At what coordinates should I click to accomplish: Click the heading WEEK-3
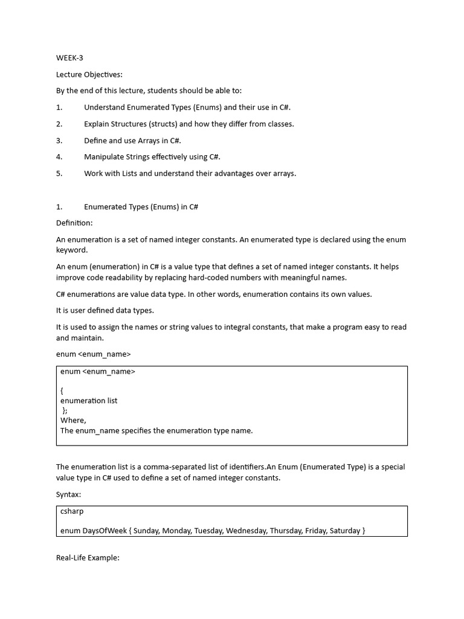[69, 58]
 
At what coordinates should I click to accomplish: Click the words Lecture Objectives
[89, 74]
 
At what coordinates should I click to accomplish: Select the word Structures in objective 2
[134, 124]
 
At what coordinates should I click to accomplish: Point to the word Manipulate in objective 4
[103, 157]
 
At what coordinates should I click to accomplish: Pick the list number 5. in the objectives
[59, 173]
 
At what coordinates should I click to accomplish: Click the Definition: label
[74, 223]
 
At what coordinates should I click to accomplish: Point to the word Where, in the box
[73, 420]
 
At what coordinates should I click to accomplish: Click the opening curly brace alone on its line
[62, 391]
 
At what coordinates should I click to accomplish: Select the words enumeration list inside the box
[89, 401]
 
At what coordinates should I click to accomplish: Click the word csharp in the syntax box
[72, 511]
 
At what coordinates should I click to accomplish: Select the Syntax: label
[68, 494]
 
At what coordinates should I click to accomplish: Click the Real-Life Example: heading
[88, 558]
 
